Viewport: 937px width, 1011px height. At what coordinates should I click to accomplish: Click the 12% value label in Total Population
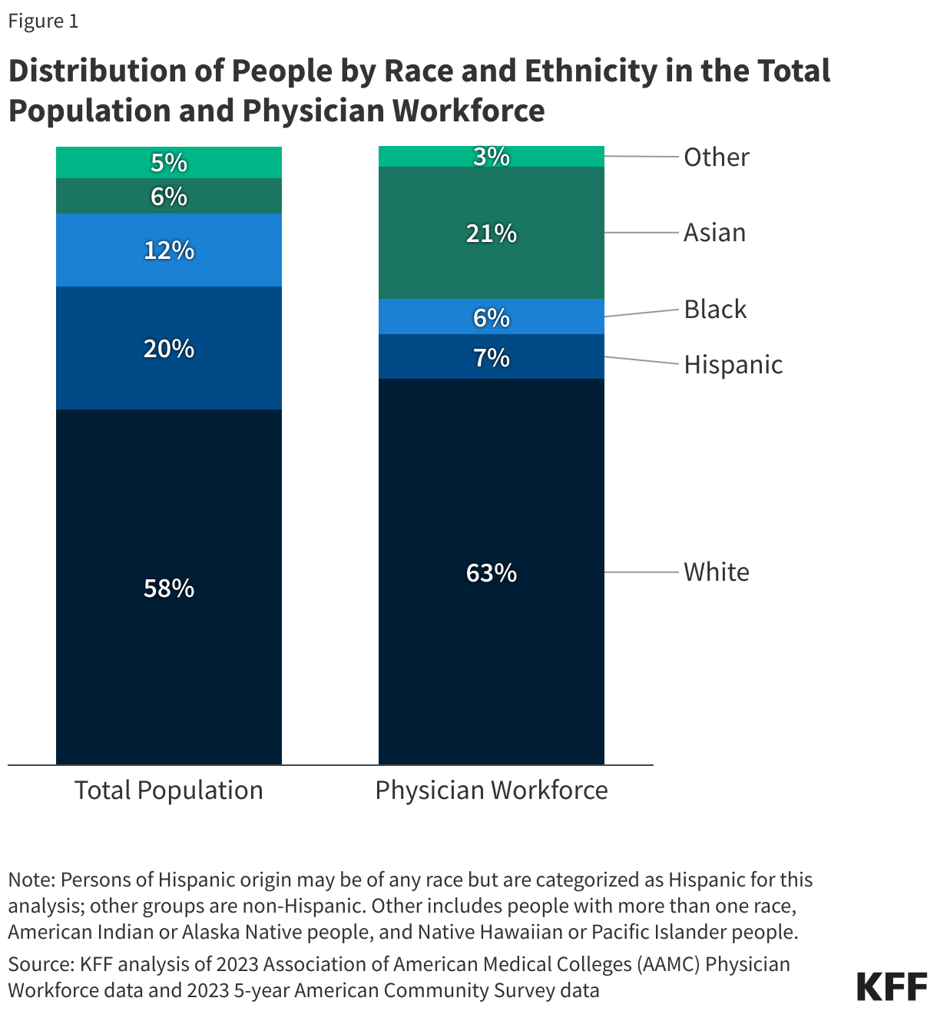pos(169,250)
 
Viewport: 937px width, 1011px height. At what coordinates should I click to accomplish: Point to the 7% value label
pos(492,358)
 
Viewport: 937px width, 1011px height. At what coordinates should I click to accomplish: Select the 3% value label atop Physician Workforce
pos(492,157)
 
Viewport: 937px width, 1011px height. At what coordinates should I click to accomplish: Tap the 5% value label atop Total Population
pos(169,163)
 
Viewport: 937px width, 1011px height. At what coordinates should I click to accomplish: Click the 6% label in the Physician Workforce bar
pos(492,317)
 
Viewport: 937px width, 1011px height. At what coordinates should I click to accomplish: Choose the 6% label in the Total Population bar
pos(169,197)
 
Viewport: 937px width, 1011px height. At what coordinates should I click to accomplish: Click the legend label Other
pos(716,157)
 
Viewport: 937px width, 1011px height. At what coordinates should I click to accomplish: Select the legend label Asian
pos(714,233)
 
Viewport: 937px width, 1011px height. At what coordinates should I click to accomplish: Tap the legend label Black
pos(715,310)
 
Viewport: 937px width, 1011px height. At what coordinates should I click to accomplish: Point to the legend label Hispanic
pos(733,365)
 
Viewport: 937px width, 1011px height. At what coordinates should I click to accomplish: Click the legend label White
pos(716,572)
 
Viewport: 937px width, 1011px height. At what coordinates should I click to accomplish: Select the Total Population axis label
pos(169,791)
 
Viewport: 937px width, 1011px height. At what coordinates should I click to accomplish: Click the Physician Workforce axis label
pos(492,791)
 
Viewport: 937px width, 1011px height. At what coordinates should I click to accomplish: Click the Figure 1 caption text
pos(43,22)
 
